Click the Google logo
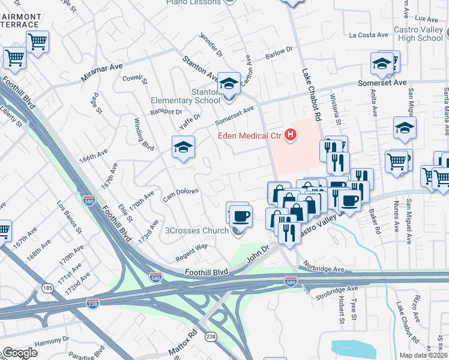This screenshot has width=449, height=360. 19,353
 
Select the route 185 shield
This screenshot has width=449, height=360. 46,289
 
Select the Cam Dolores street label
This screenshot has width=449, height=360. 181,194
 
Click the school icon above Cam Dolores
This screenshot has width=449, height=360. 184,146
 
